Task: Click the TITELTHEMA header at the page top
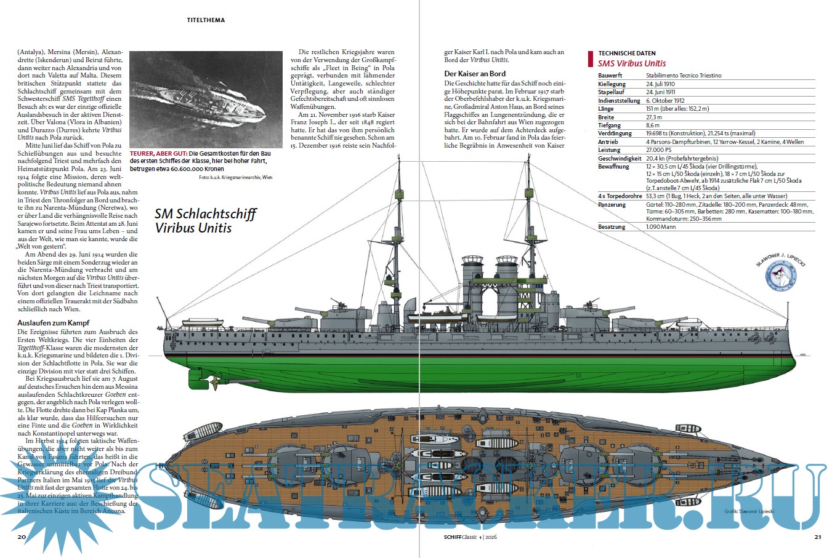coord(206,20)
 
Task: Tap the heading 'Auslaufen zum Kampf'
coord(54,322)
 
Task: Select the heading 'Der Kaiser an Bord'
coord(475,74)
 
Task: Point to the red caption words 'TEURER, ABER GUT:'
coord(158,153)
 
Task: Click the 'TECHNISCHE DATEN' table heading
coord(627,54)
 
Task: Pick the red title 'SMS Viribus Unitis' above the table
coord(632,63)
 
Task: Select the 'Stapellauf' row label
coord(611,92)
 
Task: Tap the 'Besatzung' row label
coord(612,227)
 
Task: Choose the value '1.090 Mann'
coord(661,227)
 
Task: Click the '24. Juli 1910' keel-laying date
coord(660,84)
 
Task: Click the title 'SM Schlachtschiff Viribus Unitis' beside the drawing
coord(205,221)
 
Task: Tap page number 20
coord(21,537)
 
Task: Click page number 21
coord(818,537)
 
